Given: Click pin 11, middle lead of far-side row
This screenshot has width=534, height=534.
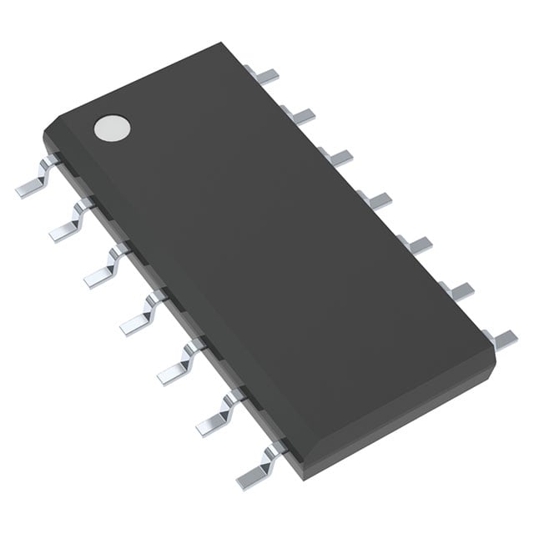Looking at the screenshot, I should coord(377,198).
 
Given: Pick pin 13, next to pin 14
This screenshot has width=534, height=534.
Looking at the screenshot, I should coord(300,114).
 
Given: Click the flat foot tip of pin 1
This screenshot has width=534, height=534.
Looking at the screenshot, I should coord(27,191).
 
